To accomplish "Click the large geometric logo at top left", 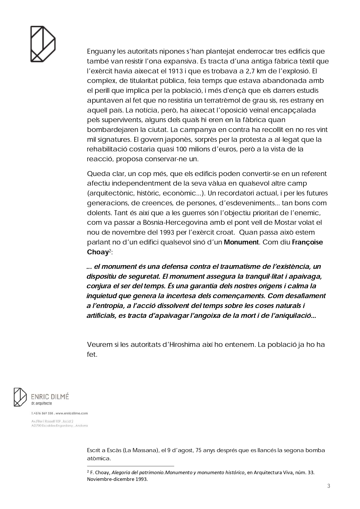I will pyautogui.click(x=43, y=44).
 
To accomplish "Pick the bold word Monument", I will pyautogui.click(x=241, y=242).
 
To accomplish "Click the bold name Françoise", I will pyautogui.click(x=307, y=242).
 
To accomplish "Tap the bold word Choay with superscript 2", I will pyautogui.click(x=98, y=252).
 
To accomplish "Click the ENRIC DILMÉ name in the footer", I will pyautogui.click(x=50, y=396).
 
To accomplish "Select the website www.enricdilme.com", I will pyautogui.click(x=71, y=413).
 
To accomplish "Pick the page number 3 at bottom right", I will pyautogui.click(x=329, y=486).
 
